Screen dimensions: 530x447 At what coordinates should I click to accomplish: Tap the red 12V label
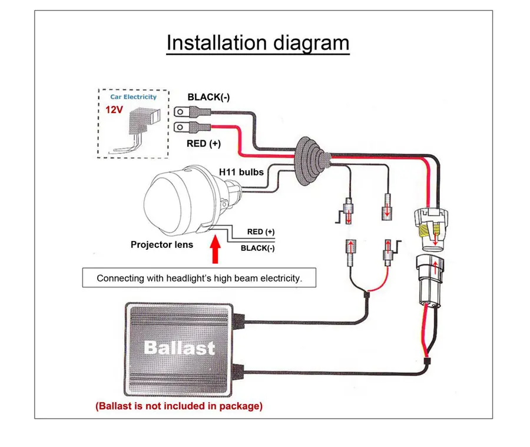(114, 110)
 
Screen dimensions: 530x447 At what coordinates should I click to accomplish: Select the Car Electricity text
(134, 97)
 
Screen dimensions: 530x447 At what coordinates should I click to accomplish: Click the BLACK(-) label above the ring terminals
(208, 97)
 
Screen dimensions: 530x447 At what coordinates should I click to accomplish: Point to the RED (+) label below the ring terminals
(204, 144)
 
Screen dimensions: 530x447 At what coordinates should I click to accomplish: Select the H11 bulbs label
(241, 172)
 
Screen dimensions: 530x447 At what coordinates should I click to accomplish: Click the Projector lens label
(162, 244)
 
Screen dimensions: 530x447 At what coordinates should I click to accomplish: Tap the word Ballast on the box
(180, 348)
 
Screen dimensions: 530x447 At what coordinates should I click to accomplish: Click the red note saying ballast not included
(179, 406)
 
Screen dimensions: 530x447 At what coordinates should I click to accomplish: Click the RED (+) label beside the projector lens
(261, 232)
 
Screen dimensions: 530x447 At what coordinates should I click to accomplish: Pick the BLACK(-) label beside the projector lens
(257, 248)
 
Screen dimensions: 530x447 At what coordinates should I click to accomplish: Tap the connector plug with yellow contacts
(430, 230)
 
